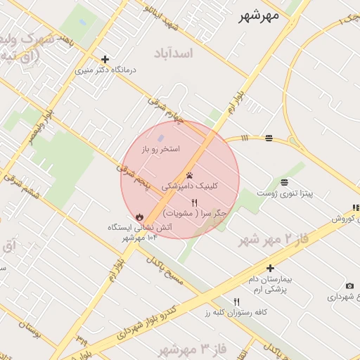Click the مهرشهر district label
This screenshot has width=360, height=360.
[x=259, y=15]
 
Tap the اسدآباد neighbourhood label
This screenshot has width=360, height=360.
[x=186, y=53]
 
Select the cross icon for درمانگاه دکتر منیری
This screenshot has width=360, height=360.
[x=105, y=60]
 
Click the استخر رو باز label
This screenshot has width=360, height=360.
[x=160, y=149]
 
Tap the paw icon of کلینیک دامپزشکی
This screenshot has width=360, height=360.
[x=190, y=175]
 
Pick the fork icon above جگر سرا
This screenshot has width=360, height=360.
[x=194, y=202]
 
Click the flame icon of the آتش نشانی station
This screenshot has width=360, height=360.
[x=139, y=217]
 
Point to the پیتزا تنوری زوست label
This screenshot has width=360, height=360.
[x=285, y=192]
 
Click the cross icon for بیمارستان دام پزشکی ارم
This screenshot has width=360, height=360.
[x=270, y=268]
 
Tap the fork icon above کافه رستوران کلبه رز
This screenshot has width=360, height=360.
[x=236, y=302]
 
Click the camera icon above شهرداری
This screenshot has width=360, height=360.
[x=349, y=285]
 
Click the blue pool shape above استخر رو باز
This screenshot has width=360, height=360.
[x=161, y=138]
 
